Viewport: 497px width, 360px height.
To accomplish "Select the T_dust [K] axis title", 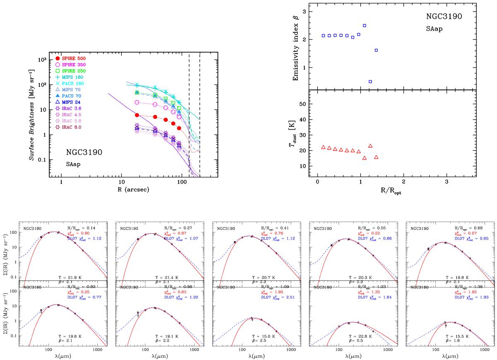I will click(296, 135).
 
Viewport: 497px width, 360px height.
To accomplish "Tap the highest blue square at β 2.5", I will click(364, 26).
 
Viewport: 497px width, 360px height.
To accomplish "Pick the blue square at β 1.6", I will click(376, 50).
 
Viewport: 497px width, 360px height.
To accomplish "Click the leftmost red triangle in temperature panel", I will click(323, 147).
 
